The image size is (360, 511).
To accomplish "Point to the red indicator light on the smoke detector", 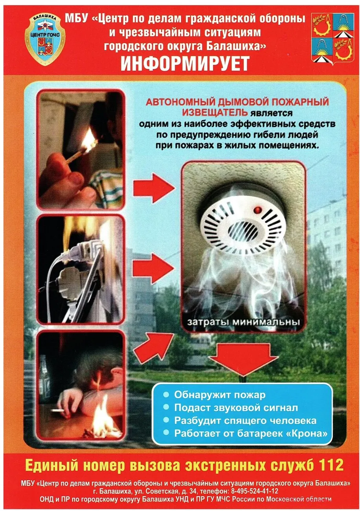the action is (257, 209).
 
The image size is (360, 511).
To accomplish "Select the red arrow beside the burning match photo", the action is (154, 187).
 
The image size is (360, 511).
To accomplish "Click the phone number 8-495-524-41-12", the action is (255, 491).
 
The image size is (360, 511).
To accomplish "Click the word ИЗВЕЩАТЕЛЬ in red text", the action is (215, 113).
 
